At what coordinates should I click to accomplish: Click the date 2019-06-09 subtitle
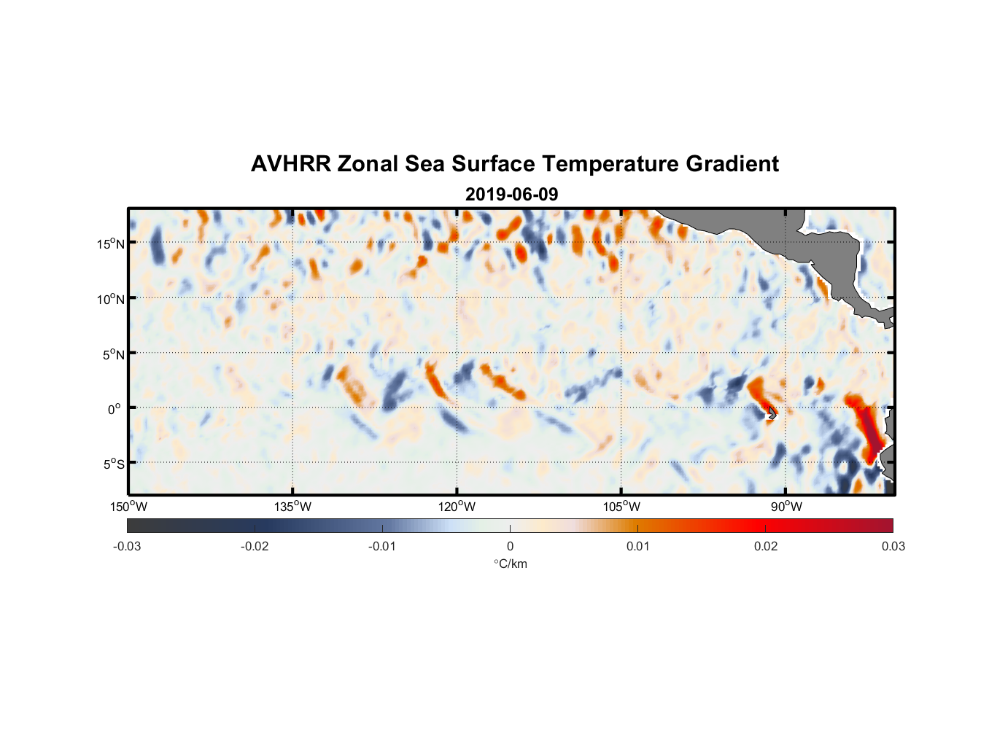point(511,195)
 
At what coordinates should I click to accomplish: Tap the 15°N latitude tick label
point(111,243)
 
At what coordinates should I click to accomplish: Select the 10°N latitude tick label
point(111,299)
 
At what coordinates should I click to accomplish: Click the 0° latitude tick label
point(115,409)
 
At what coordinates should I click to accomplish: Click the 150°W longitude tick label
point(129,507)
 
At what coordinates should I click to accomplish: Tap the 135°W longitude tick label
point(293,507)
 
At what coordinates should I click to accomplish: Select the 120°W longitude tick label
point(457,507)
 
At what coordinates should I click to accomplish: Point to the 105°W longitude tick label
point(621,507)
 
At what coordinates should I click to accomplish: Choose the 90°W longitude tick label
point(786,507)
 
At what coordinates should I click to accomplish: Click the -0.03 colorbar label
point(127,546)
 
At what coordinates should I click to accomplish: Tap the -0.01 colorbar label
point(382,546)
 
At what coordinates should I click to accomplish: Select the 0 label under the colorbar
point(510,546)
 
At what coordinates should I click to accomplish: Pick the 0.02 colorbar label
point(766,546)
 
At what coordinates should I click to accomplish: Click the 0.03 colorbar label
point(893,546)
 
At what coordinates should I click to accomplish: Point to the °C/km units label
point(510,564)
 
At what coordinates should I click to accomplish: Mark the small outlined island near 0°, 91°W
point(771,413)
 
